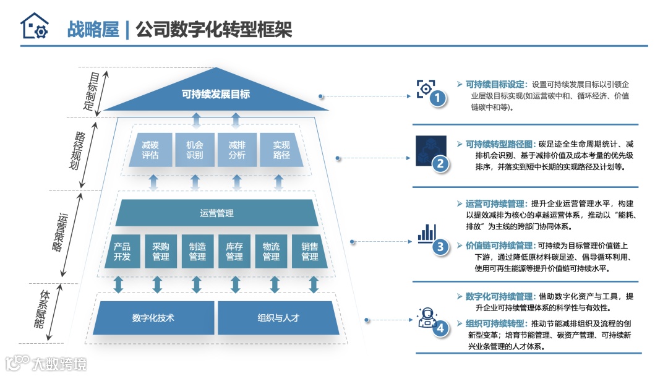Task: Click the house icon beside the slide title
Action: coord(34,26)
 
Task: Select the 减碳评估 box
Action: coord(150,150)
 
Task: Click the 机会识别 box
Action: coord(195,150)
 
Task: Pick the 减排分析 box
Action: coord(237,150)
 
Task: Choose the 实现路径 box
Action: coord(281,150)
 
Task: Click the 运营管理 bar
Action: coord(216,213)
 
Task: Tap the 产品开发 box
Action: coord(122,252)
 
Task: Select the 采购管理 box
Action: coord(160,252)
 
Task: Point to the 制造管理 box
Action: coord(197,252)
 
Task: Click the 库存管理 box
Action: coord(234,252)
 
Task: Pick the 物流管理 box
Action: coord(272,252)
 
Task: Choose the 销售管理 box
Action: coord(310,252)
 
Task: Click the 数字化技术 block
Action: coord(153,318)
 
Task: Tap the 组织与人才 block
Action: coord(278,318)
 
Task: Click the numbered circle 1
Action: coord(438,98)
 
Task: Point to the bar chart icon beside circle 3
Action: coord(426,233)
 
